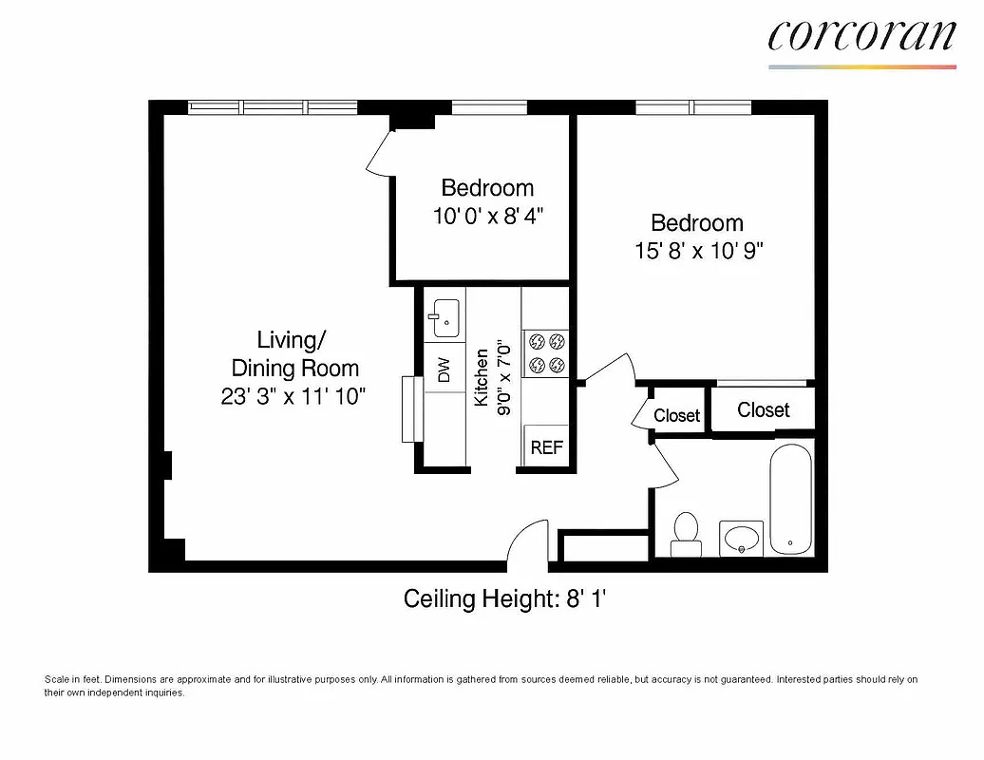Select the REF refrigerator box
[x=546, y=447]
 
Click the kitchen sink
[x=444, y=318]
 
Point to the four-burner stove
[x=546, y=351]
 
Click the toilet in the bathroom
[x=685, y=533]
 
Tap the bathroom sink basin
[x=742, y=539]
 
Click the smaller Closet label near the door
[x=677, y=415]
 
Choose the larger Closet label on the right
[x=763, y=409]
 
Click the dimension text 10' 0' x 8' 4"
[x=487, y=216]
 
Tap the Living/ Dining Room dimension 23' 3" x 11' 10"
[x=294, y=396]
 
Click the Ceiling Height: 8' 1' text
[x=512, y=599]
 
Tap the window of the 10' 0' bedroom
[x=488, y=107]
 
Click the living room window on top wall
[x=272, y=107]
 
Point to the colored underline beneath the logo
[x=861, y=66]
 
